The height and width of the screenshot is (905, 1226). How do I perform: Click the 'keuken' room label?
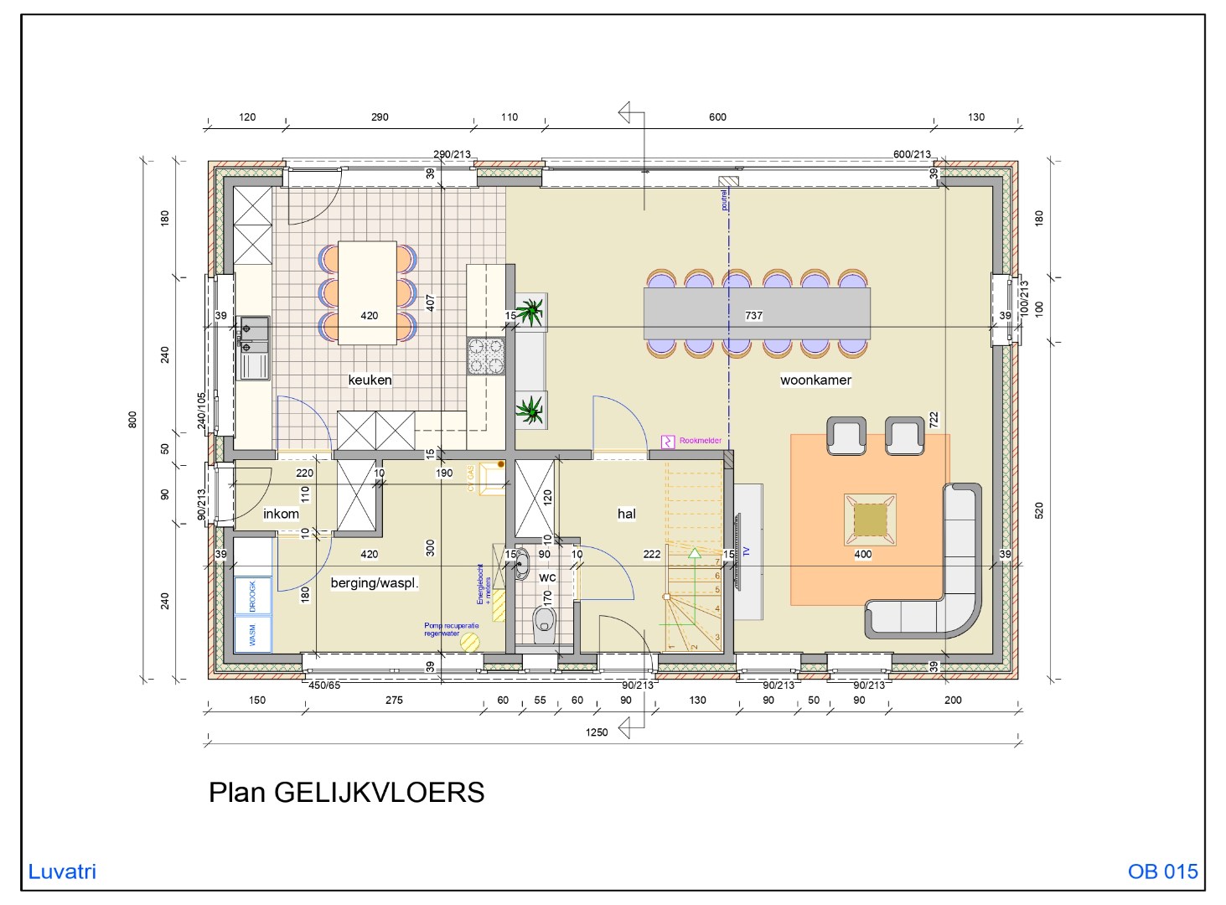370,380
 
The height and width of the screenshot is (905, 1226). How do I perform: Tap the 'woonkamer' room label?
815,380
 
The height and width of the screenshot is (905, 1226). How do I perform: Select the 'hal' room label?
626,514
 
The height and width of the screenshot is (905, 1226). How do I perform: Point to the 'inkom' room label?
281,514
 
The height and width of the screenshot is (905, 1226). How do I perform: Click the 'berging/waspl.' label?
374,583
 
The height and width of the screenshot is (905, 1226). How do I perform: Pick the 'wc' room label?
547,577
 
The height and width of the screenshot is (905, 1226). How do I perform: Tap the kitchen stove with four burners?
485,355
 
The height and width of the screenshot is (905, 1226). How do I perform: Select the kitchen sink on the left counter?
254,348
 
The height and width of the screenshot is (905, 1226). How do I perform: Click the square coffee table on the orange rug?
870,520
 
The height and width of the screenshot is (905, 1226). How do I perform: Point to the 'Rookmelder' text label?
700,441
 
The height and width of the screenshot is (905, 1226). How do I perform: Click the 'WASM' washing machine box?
252,633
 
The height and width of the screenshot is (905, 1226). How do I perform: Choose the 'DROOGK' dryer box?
252,596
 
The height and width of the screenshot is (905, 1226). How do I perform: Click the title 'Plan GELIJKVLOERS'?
346,793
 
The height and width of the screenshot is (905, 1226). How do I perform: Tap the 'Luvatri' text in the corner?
62,871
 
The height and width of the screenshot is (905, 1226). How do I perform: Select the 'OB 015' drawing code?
1162,871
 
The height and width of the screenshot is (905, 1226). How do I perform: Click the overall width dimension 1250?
596,732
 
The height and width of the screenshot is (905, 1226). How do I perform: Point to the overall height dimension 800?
132,420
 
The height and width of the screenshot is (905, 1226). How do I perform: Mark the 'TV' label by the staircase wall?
746,551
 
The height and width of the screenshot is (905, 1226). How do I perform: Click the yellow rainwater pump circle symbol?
470,643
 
